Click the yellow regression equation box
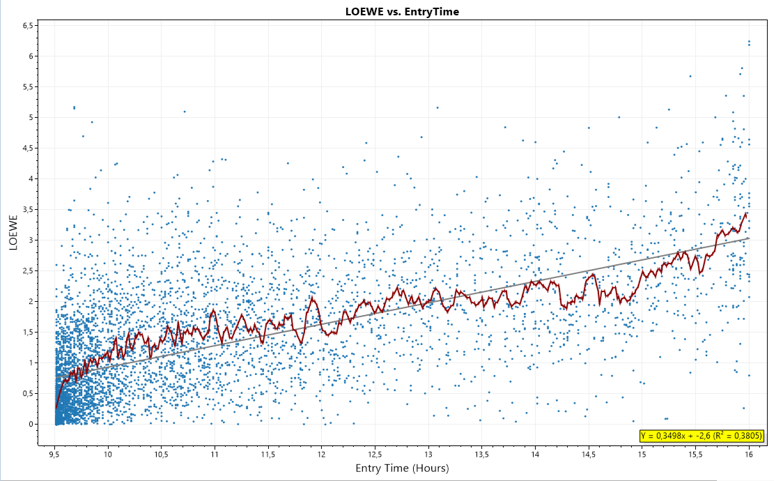[x=702, y=436]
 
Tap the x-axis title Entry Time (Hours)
[x=402, y=468]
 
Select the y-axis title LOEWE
[x=13, y=231]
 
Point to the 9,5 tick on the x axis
[x=55, y=454]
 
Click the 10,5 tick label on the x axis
[x=162, y=454]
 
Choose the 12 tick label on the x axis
[x=322, y=454]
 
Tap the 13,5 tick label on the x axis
[x=481, y=454]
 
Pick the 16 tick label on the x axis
[x=749, y=454]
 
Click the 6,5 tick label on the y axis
[x=29, y=25]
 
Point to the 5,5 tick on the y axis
[x=29, y=86]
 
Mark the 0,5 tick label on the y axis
[x=29, y=393]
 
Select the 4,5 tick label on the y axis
[x=29, y=148]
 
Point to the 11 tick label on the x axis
[x=215, y=454]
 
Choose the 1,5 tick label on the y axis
[x=29, y=332]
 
